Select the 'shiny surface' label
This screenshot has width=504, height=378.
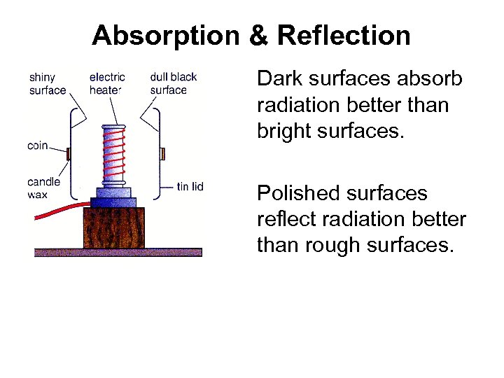click(48, 83)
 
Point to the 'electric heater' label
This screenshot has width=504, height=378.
click(107, 83)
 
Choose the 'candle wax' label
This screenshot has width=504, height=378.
click(43, 188)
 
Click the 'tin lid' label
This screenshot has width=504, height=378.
click(190, 186)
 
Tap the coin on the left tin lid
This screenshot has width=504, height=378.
click(68, 153)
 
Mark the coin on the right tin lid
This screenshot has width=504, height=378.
click(162, 153)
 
